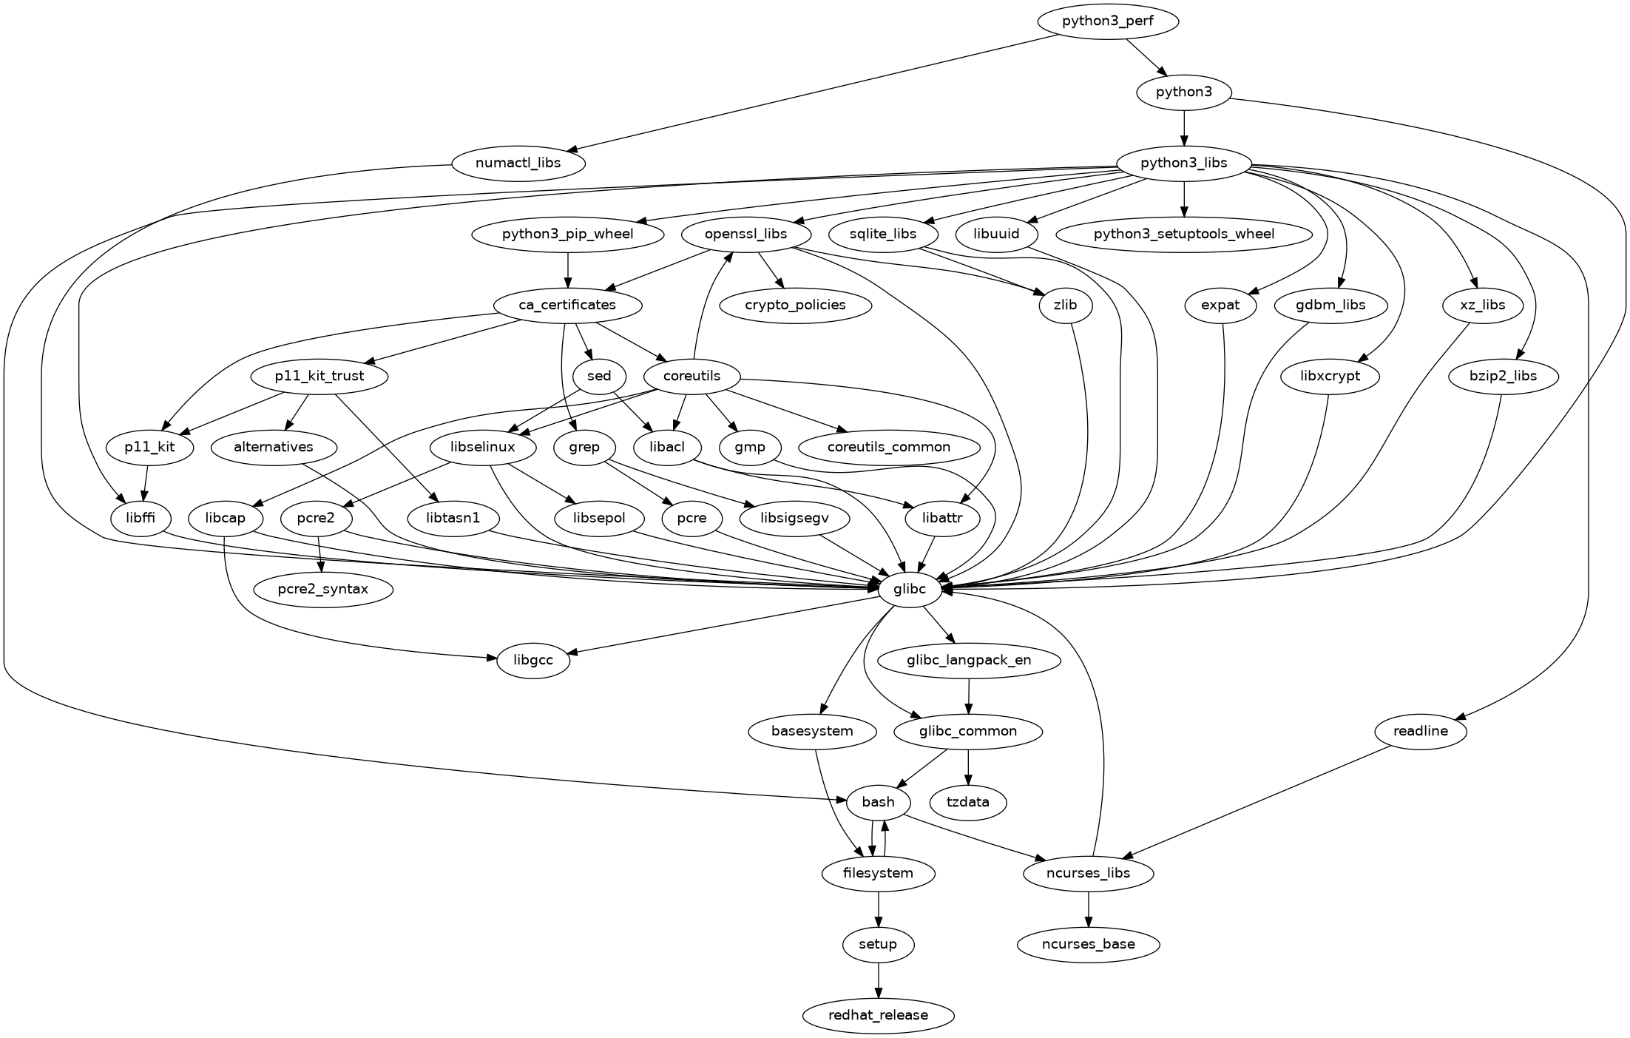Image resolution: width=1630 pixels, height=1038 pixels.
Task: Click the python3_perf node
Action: click(x=1107, y=21)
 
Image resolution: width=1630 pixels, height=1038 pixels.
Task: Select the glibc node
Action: click(x=910, y=590)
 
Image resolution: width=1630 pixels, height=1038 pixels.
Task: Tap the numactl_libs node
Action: click(x=518, y=163)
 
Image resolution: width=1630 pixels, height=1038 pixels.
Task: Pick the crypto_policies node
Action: click(x=795, y=305)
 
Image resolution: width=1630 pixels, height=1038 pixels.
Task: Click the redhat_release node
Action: click(x=878, y=1015)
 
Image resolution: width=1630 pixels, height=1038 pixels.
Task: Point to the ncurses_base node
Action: click(x=1088, y=944)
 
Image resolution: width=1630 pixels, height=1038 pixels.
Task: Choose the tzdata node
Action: click(x=968, y=802)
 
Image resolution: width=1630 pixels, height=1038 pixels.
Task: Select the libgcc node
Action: click(x=533, y=660)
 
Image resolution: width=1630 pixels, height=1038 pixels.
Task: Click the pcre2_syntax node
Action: click(x=322, y=590)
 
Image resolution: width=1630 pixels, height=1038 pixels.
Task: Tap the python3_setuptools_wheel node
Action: click(x=1184, y=235)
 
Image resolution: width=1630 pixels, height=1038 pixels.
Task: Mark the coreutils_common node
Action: click(x=889, y=447)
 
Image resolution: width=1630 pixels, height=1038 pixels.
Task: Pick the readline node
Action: click(x=1420, y=732)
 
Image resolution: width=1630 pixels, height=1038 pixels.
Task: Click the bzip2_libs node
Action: click(x=1504, y=376)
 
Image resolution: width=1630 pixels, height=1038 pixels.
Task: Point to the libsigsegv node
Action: click(x=794, y=519)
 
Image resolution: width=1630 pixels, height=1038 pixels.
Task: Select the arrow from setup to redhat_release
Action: click(x=878, y=980)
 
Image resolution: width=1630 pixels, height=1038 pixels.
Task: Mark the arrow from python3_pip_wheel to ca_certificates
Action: click(x=567, y=270)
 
